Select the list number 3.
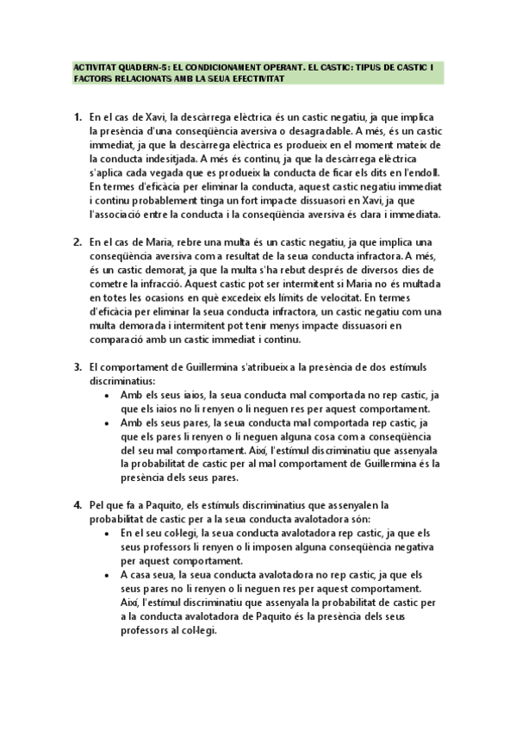(x=77, y=367)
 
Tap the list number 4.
(x=77, y=505)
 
